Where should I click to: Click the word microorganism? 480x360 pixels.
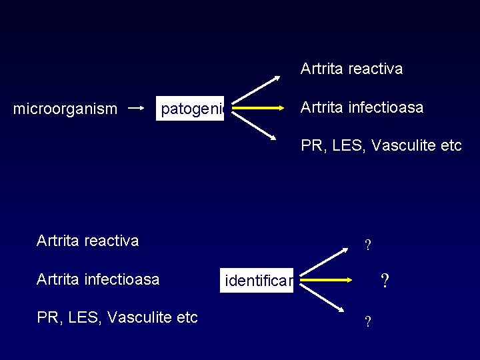[65, 108]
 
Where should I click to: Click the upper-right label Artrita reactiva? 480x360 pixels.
[351, 69]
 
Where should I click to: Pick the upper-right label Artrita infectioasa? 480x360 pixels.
[361, 107]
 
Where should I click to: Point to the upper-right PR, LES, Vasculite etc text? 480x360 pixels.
[381, 145]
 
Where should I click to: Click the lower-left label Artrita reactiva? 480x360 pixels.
[87, 241]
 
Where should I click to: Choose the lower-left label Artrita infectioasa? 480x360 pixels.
[97, 279]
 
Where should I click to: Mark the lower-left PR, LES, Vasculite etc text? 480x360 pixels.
[117, 317]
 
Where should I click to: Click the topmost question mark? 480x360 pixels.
[367, 246]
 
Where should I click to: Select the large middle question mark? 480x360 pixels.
[384, 281]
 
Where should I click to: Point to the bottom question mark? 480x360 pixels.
[367, 323]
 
